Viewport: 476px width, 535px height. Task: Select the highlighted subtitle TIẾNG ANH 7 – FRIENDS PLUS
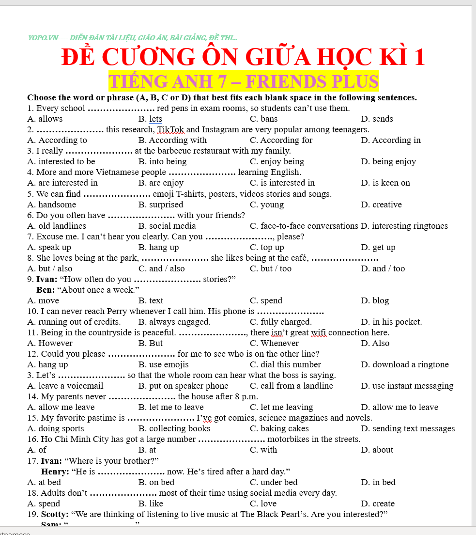[243, 81]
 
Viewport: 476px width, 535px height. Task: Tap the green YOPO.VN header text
[132, 37]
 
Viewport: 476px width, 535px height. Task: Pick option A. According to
[57, 140]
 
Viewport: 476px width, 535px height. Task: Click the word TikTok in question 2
[171, 129]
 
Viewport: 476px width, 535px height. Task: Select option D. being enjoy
[388, 161]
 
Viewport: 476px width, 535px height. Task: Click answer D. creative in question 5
[381, 205]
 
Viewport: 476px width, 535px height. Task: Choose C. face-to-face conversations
[304, 226]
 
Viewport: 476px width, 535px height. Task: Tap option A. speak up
[49, 247]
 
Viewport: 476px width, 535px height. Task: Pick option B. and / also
[161, 268]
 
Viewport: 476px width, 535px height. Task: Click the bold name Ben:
[46, 290]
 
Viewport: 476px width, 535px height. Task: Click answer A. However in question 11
[50, 343]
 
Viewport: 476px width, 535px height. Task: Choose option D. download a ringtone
[405, 364]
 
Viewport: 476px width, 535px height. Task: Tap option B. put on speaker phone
[183, 386]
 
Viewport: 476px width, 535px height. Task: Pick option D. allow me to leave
[399, 407]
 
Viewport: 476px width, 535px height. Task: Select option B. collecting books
[174, 428]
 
